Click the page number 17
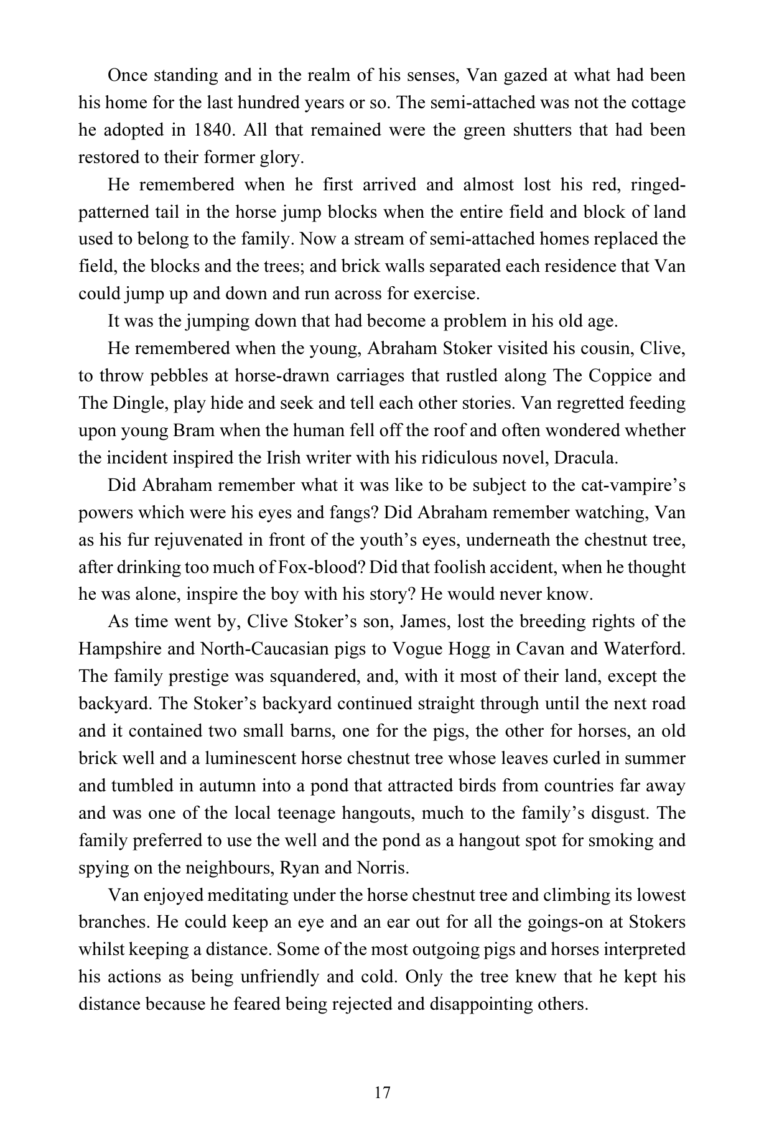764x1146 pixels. tap(382, 1091)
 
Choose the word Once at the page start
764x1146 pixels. tap(129, 75)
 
